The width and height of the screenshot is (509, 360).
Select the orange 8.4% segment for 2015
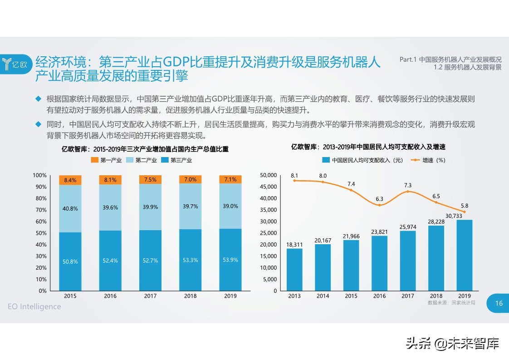pyautogui.click(x=70, y=180)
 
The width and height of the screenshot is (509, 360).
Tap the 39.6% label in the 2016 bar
pyautogui.click(x=110, y=208)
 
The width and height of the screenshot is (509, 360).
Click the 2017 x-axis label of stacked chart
pyautogui.click(x=150, y=296)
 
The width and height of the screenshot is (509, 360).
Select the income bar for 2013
pyautogui.click(x=294, y=269)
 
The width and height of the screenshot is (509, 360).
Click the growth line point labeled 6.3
pyautogui.click(x=380, y=205)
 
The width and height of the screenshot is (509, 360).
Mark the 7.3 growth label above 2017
pyautogui.click(x=408, y=185)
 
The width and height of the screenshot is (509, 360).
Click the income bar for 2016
pyautogui.click(x=380, y=263)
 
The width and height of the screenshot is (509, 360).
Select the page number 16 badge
pyautogui.click(x=499, y=304)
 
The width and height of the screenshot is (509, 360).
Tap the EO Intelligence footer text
pyautogui.click(x=34, y=306)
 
